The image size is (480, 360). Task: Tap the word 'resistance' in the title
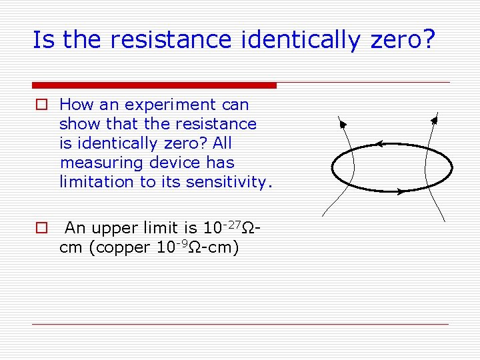pos(176,40)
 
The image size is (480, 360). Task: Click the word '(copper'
pos(119,247)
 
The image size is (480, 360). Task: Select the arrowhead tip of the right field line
pos(434,120)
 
